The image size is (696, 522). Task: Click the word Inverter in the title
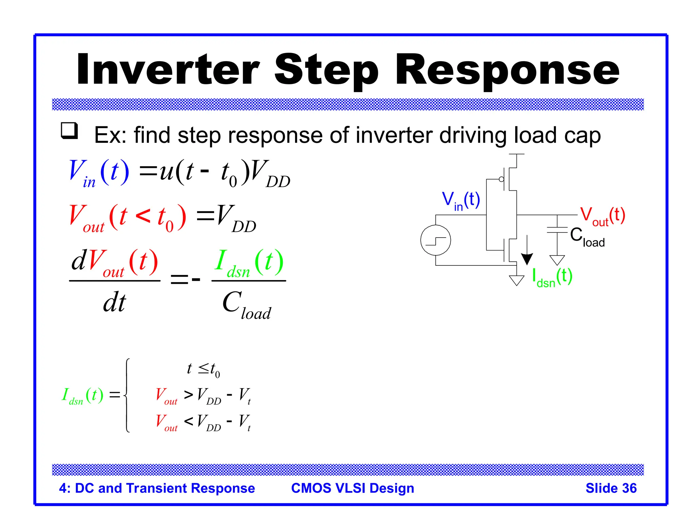point(168,70)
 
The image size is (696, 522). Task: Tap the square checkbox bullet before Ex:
point(69,130)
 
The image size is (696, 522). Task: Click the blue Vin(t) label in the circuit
point(461,201)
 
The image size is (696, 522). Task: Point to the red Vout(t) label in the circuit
point(602,216)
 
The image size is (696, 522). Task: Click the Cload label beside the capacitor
point(587,237)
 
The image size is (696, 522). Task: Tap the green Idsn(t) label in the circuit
point(552,277)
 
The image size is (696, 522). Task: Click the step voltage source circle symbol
point(435,240)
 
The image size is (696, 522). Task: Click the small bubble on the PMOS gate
point(501,179)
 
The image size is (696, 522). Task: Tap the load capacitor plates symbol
point(557,230)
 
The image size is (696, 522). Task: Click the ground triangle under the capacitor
point(557,260)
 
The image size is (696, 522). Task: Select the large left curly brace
point(127,395)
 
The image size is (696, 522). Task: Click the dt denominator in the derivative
point(115,302)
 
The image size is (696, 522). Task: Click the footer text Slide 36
point(611,488)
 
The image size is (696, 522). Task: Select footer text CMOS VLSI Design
point(352,488)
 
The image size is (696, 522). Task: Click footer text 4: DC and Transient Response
point(157,488)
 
